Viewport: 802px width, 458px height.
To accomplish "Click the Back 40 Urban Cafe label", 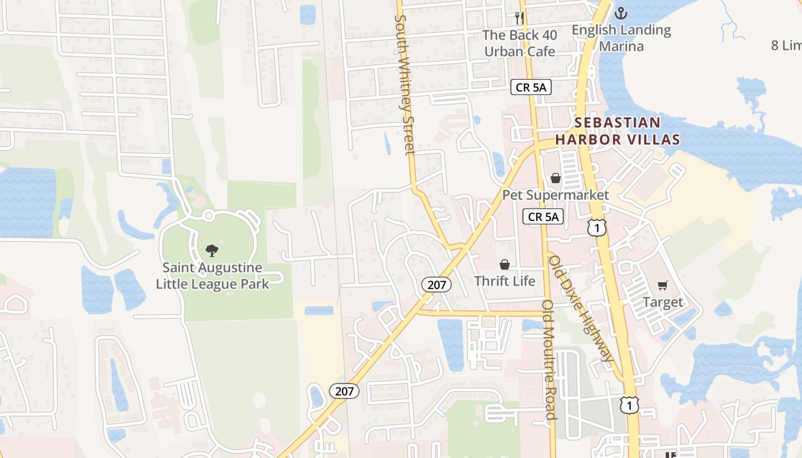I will [x=519, y=44].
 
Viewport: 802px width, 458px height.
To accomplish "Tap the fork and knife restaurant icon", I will [x=519, y=18].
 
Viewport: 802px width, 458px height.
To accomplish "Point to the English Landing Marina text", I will [x=622, y=38].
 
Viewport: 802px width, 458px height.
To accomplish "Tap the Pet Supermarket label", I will [x=556, y=195].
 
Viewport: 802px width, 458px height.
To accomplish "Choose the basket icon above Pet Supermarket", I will [x=556, y=178].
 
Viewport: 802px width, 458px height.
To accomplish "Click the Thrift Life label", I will [x=505, y=281].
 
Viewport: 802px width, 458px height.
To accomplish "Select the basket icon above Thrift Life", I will [x=505, y=264].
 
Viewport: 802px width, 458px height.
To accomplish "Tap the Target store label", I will [x=663, y=302].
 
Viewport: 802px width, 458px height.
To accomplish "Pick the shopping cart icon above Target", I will [x=663, y=285].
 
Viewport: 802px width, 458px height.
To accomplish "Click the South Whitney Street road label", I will [x=404, y=85].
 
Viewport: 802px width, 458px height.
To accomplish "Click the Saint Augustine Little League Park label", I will [x=213, y=275].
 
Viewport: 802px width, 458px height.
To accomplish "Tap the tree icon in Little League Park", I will [x=212, y=250].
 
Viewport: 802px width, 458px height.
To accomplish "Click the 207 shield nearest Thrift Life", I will [x=437, y=285].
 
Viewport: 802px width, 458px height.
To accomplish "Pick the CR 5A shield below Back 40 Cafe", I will [x=531, y=88].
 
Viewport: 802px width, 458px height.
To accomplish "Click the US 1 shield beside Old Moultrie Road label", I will [x=629, y=405].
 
